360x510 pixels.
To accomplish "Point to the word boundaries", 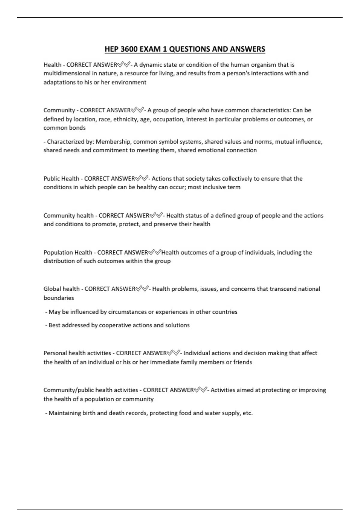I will [59, 298].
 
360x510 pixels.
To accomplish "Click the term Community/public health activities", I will [91, 390].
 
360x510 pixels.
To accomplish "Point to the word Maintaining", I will [65, 413].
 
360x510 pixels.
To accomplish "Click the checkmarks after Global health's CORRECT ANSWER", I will [142, 289].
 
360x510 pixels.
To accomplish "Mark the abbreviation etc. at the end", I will [248, 413].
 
